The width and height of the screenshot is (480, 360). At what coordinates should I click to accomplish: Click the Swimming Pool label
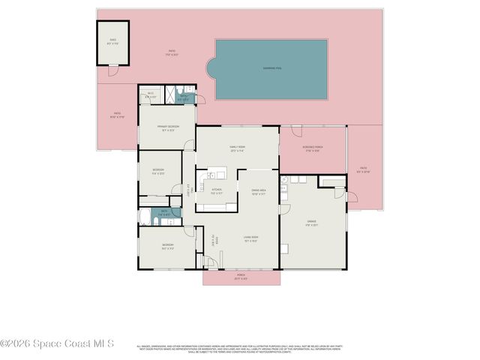[271, 68]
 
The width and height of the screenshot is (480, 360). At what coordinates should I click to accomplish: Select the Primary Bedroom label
[167, 128]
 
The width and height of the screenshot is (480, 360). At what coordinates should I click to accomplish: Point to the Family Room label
[237, 147]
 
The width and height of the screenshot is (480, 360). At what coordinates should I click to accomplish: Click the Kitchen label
[216, 190]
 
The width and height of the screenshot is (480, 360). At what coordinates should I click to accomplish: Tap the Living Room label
[250, 239]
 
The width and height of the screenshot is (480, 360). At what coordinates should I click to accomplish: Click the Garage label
[311, 223]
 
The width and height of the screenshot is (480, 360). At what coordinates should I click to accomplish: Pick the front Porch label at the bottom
[241, 277]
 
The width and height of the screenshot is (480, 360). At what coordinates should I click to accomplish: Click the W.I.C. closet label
[151, 95]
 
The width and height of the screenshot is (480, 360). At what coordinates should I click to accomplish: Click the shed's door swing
[113, 70]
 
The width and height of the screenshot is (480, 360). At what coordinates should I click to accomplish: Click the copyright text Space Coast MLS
[57, 343]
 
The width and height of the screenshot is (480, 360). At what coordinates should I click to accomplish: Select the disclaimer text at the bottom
[239, 348]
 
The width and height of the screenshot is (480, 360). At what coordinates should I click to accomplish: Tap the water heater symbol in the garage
[284, 180]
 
